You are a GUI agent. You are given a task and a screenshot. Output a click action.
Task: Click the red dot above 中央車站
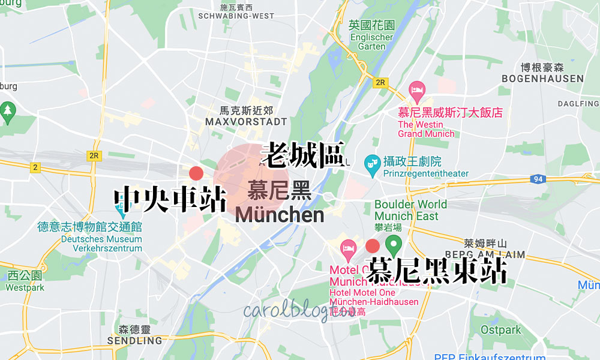click(x=196, y=174)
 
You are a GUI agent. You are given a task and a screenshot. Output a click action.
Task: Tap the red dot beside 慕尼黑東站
click(x=372, y=245)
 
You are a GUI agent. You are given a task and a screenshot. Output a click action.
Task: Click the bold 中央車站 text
click(x=170, y=199)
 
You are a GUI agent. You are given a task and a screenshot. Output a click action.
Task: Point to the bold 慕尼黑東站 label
click(x=437, y=271)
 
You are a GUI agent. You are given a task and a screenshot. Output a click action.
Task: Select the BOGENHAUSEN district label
click(x=542, y=79)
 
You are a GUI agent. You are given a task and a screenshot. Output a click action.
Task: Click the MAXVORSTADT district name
click(x=246, y=122)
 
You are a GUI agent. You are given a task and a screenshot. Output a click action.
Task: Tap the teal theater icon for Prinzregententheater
click(x=372, y=162)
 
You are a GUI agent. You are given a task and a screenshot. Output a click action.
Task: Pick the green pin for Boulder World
click(x=394, y=244)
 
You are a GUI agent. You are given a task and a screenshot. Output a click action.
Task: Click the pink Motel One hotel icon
click(x=348, y=247)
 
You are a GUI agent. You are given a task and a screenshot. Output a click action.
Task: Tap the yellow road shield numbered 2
click(x=35, y=167)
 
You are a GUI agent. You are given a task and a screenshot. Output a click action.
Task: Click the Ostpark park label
click(x=501, y=330)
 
